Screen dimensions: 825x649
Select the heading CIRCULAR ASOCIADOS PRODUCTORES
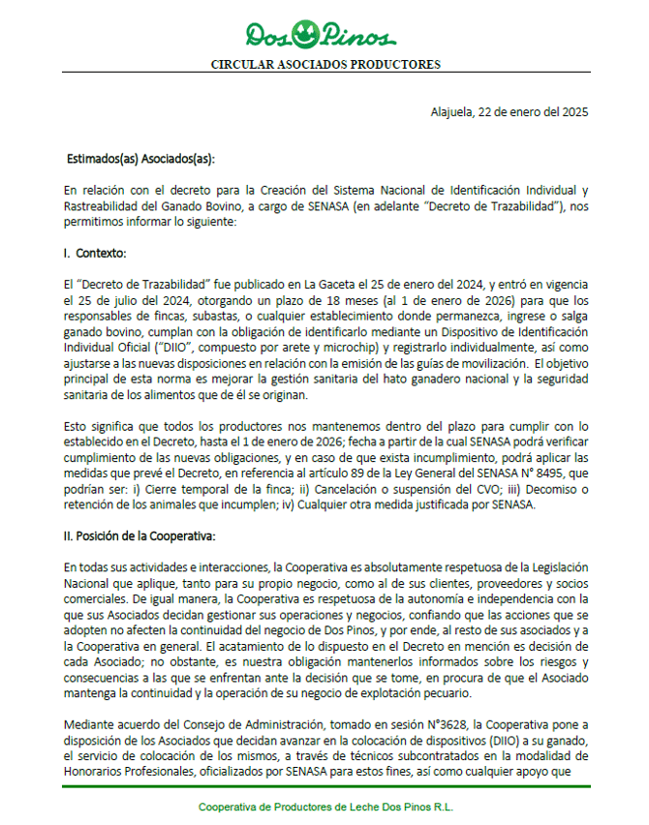tap(325, 65)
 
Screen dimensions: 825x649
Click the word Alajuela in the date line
tap(452, 111)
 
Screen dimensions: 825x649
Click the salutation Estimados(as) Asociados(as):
tap(140, 158)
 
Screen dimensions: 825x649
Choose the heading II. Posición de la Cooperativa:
tap(139, 536)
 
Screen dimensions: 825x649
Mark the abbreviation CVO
tap(445, 490)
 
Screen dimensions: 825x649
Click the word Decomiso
tap(517, 490)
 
